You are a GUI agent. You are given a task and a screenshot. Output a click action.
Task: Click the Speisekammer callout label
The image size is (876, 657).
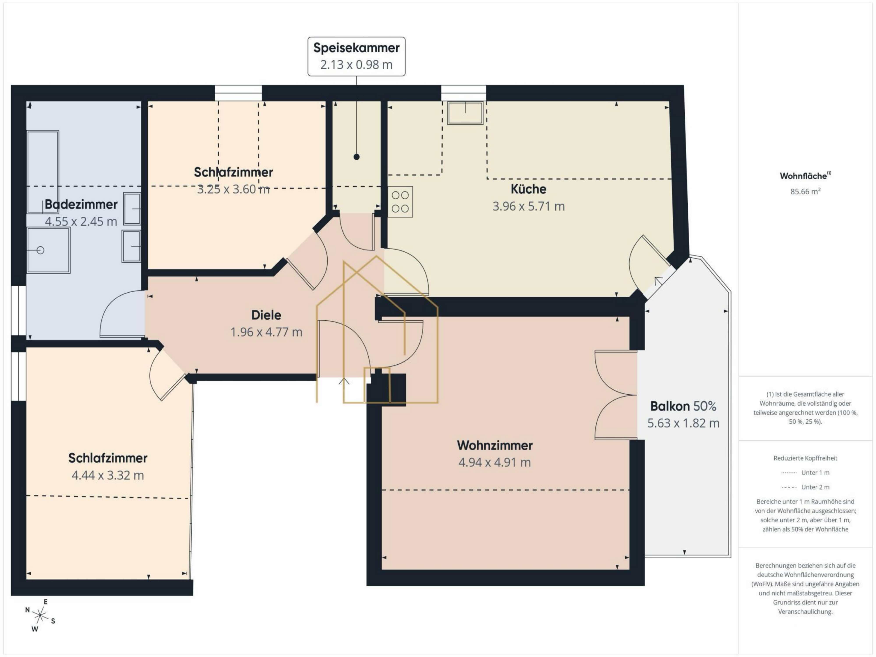[356, 56]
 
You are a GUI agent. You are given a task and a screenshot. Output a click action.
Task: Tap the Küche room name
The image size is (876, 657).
[528, 189]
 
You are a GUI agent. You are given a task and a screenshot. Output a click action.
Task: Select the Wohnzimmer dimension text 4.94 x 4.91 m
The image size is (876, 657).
[495, 462]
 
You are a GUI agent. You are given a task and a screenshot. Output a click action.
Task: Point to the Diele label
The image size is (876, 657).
[266, 315]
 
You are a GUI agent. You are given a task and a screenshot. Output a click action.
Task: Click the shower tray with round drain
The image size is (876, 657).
[48, 250]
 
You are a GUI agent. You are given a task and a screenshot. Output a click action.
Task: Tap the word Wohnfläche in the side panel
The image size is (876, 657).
[803, 176]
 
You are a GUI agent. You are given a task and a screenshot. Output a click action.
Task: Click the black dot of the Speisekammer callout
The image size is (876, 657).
[356, 157]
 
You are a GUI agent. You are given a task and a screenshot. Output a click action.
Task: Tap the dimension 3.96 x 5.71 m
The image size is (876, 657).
[528, 206]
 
